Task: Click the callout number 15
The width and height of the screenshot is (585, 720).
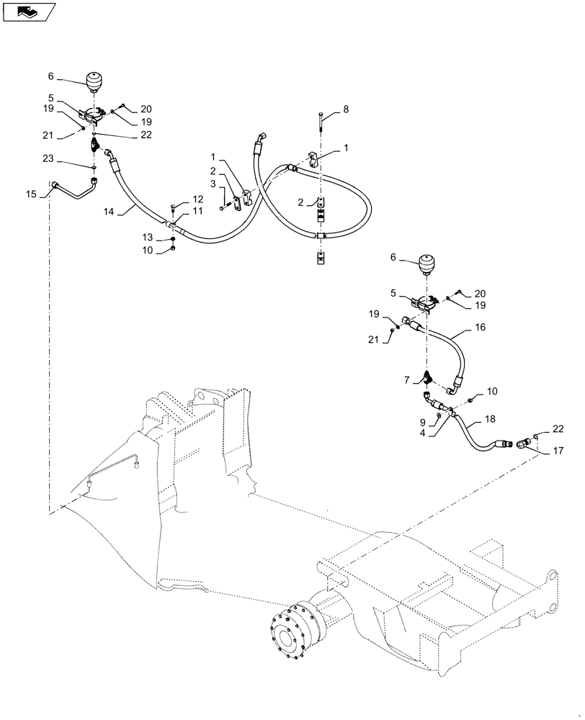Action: tap(30, 194)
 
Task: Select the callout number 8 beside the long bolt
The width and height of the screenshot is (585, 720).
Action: tap(345, 109)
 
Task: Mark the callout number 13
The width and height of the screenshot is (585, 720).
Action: tap(147, 237)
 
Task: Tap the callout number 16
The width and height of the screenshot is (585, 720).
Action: tap(481, 326)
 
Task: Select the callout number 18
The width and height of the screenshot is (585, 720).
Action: tap(490, 418)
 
